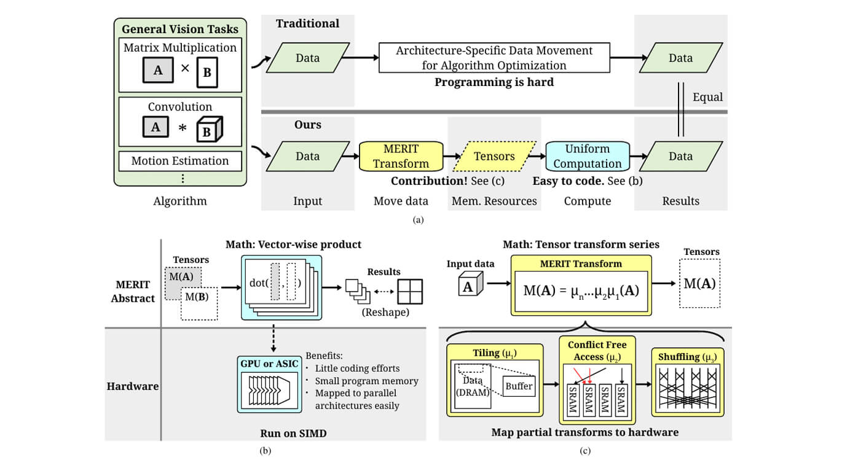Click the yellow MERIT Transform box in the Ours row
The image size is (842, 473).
point(401,156)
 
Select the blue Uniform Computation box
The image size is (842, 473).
point(588,156)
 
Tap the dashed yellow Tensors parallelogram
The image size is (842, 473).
point(494,156)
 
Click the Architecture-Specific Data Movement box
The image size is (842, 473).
point(494,58)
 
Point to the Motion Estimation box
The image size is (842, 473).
point(180,161)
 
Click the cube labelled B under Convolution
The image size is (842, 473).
point(209,129)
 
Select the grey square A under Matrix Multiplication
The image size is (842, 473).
point(158,71)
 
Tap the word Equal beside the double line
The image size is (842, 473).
point(707,97)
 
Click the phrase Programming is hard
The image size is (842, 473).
point(494,82)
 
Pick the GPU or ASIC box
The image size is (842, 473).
point(269,382)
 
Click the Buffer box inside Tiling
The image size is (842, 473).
point(519,386)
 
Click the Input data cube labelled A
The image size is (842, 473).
point(470,286)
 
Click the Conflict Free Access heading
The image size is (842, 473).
point(597,351)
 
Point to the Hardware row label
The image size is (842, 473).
point(133,386)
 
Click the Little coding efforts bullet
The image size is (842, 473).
point(357,369)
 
